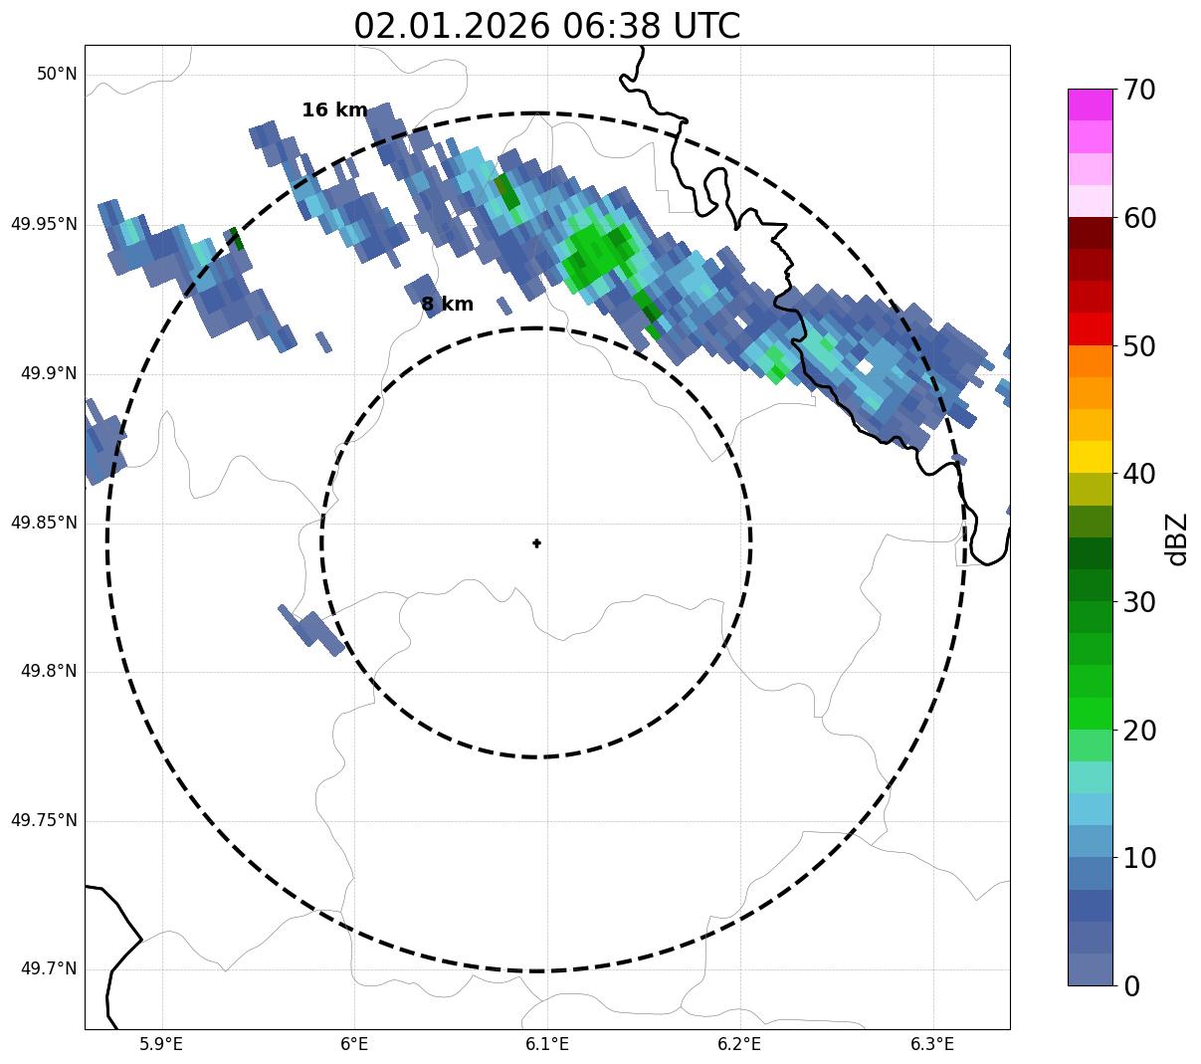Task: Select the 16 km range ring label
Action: [334, 110]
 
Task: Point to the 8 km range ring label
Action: [447, 305]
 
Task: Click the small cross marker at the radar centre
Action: [537, 543]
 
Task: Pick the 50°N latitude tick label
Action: [57, 75]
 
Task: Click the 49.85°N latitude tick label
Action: [44, 523]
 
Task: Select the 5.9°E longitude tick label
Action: [161, 1044]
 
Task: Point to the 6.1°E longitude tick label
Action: [547, 1044]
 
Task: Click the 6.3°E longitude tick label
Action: [932, 1044]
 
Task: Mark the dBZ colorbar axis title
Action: [1177, 538]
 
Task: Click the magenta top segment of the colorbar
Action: [1090, 105]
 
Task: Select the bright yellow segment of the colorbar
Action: [1090, 457]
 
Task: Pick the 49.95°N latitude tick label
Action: [44, 224]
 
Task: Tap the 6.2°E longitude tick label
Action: [739, 1044]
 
